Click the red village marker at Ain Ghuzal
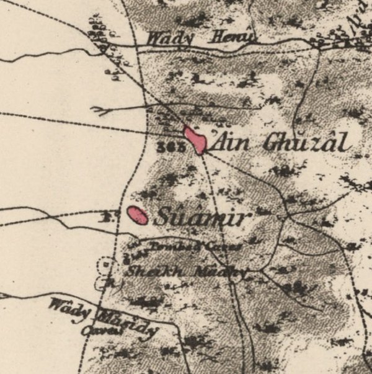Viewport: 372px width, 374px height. tap(195, 140)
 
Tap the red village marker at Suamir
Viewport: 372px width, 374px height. tap(138, 215)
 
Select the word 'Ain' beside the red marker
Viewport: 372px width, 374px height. tap(233, 142)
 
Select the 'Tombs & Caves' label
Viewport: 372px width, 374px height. tap(186, 247)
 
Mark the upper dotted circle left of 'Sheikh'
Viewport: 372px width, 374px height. tap(107, 265)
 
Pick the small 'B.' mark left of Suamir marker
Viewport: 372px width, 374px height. tap(106, 218)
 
